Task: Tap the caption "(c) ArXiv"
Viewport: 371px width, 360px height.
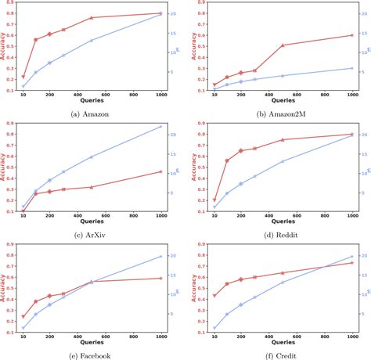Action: pyautogui.click(x=92, y=232)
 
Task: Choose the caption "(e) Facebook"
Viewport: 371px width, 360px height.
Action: pyautogui.click(x=92, y=354)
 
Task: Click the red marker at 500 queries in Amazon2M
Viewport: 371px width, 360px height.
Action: pyautogui.click(x=283, y=45)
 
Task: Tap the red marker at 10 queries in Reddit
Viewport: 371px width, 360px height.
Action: pyautogui.click(x=214, y=200)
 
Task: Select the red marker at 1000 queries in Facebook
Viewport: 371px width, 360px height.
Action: pyautogui.click(x=160, y=278)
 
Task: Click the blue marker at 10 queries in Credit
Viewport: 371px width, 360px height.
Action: pyautogui.click(x=214, y=329)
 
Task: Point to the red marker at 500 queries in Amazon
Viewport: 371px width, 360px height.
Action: pyautogui.click(x=92, y=17)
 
